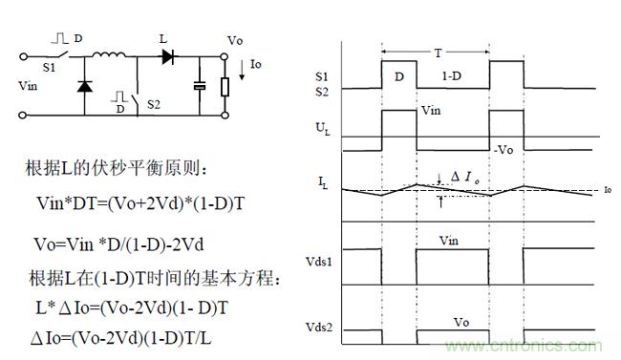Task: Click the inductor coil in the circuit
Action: [109, 54]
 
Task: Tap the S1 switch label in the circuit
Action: [49, 68]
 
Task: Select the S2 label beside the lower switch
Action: [154, 104]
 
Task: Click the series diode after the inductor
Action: [168, 56]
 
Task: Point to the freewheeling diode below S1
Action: [84, 86]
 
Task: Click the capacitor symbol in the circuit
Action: [200, 86]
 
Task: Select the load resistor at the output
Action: [225, 87]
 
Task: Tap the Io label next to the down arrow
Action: [255, 64]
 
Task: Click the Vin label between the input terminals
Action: [28, 86]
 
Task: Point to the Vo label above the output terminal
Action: [235, 40]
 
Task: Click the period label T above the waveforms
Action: [438, 53]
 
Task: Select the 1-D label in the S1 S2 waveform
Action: [452, 75]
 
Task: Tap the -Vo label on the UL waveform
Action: [503, 150]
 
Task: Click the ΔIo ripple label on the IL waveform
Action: [465, 177]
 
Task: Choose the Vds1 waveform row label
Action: [319, 262]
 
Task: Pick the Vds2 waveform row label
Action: [319, 328]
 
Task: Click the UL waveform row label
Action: [323, 129]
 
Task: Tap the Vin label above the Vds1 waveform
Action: [449, 241]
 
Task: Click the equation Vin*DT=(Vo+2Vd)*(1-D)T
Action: [140, 203]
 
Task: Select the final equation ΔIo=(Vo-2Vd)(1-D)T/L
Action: [121, 338]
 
